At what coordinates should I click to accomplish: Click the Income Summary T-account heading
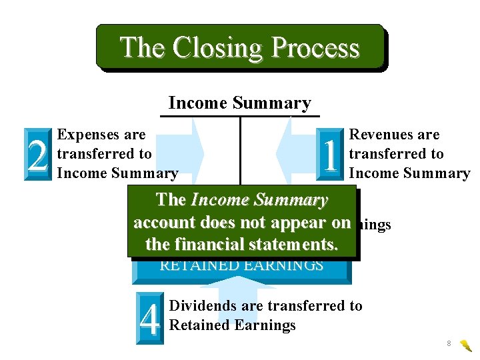tap(239, 103)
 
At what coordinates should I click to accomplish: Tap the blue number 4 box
tap(151, 319)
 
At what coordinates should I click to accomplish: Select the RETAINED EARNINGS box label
tap(241, 265)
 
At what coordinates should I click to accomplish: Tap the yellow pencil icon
tap(466, 345)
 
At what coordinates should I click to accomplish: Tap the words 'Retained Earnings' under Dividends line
tap(233, 325)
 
